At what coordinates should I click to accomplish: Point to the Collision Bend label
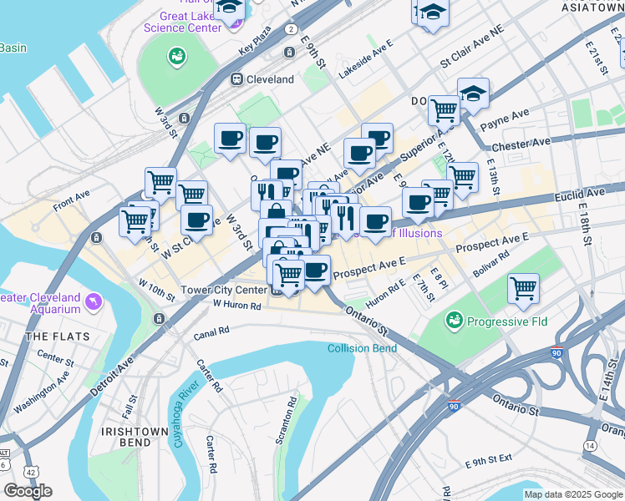click(362, 348)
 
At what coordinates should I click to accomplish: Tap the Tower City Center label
click(224, 291)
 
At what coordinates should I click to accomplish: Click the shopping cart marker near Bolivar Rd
click(523, 290)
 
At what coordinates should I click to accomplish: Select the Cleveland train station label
click(269, 79)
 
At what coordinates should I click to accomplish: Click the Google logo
click(28, 491)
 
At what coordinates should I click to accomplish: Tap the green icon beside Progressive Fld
click(455, 320)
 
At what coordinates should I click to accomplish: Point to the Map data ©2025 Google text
click(573, 494)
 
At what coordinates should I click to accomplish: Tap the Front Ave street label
click(71, 199)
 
